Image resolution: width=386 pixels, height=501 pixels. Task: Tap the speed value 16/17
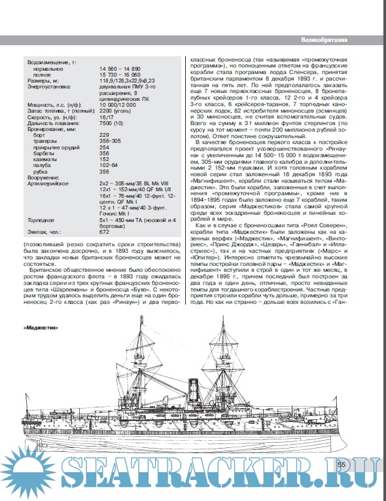point(105,116)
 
